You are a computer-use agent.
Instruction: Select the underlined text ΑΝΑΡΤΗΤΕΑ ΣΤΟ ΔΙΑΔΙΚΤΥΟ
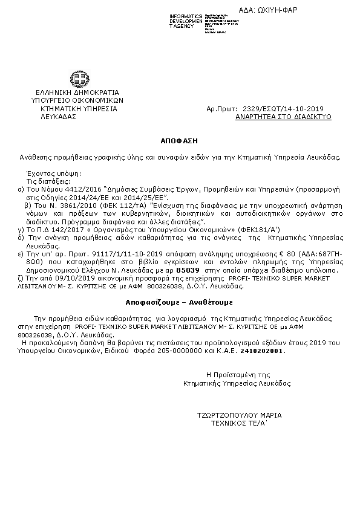coord(283,117)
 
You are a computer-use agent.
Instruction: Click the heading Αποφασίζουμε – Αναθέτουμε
coord(179,300)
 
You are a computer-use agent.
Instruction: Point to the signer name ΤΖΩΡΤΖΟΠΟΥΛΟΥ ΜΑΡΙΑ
coord(239,415)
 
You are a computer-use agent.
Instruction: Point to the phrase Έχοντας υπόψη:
coord(43,173)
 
